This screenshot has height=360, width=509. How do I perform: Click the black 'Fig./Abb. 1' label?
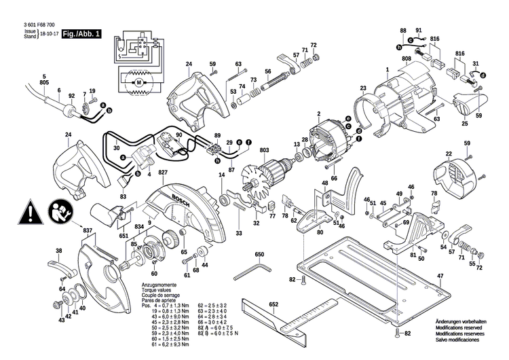click(x=81, y=33)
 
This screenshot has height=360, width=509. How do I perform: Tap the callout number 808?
click(x=407, y=58)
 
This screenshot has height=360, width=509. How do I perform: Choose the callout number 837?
click(x=88, y=231)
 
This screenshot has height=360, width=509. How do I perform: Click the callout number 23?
click(x=363, y=88)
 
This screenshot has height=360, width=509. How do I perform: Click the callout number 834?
click(x=138, y=226)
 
